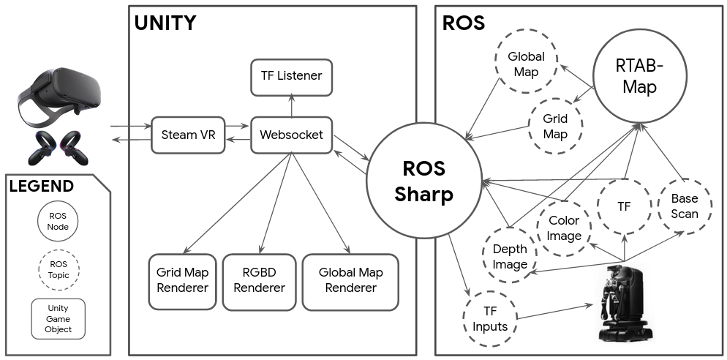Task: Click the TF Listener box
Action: [x=291, y=75]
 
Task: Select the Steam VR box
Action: [x=187, y=135]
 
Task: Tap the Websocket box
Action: [x=291, y=135]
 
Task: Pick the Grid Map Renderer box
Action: [x=182, y=280]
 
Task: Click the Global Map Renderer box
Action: [x=350, y=280]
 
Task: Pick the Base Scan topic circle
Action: [x=685, y=207]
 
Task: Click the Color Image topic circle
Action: [x=564, y=228]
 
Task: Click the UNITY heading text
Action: [x=165, y=23]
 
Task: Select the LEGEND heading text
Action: [x=42, y=186]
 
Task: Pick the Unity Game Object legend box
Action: [x=59, y=318]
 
